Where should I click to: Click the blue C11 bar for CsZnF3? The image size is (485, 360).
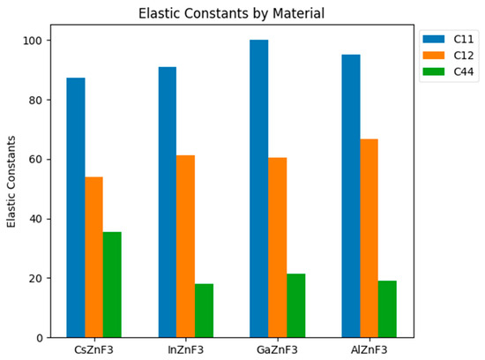76,207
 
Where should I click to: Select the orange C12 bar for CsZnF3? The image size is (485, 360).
94,257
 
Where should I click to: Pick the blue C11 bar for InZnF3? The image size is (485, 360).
168,202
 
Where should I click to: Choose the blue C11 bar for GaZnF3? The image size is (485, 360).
259,189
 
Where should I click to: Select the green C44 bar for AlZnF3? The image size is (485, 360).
387,309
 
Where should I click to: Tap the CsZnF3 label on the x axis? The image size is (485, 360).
94,350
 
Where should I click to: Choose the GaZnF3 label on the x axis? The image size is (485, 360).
278,350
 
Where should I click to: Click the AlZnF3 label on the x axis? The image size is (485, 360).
369,350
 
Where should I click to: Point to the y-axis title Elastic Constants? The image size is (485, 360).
12,182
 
